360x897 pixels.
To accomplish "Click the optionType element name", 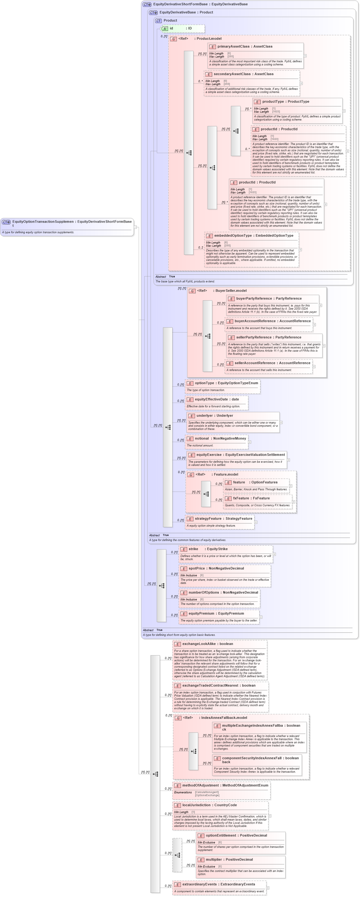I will click(204, 383).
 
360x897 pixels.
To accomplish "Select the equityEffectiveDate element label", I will click(211, 400).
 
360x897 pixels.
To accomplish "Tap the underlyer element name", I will click(204, 415).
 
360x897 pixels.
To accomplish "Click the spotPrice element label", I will click(197, 568).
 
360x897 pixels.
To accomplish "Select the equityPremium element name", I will click(201, 613).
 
